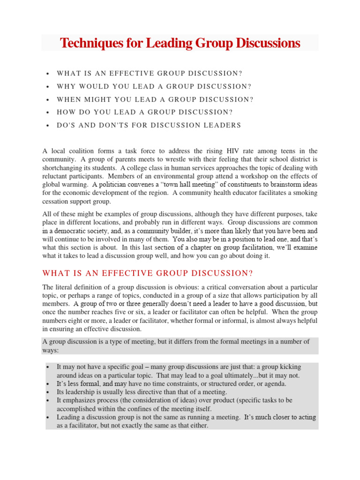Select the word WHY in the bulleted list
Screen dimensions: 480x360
tap(67, 86)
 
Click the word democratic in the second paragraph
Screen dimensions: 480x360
tap(72, 231)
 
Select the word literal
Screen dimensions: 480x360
tap(65, 287)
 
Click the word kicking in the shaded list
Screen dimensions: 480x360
tap(290, 367)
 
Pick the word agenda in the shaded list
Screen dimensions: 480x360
tap(273, 383)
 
